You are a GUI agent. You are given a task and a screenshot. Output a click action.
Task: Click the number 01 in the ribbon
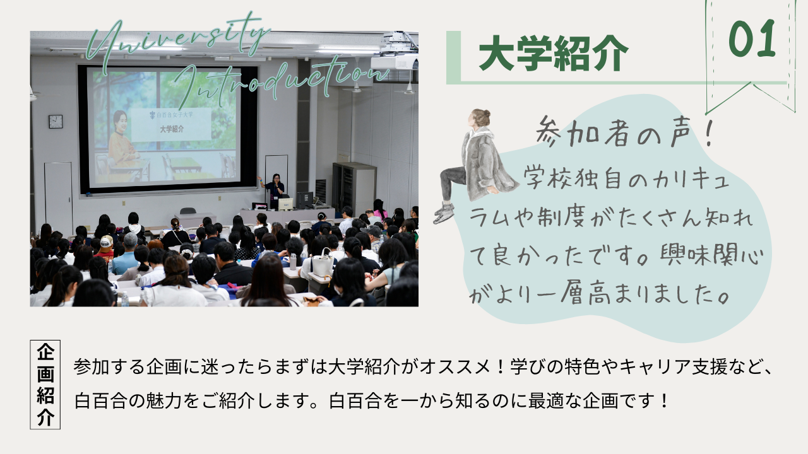pyautogui.click(x=752, y=38)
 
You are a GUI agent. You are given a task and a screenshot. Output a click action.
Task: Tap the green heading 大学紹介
pyautogui.click(x=554, y=54)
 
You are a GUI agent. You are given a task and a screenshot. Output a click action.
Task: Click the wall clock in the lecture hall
pyautogui.click(x=56, y=122)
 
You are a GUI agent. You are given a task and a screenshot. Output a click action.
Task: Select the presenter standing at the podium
pyautogui.click(x=274, y=189)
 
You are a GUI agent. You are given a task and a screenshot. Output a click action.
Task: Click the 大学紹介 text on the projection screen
pyautogui.click(x=172, y=129)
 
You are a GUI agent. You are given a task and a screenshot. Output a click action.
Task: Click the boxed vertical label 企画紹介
pyautogui.click(x=45, y=385)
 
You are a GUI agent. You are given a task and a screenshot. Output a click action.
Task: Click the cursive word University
pyautogui.click(x=177, y=38)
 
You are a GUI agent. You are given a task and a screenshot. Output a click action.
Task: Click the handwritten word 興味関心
pyautogui.click(x=712, y=255)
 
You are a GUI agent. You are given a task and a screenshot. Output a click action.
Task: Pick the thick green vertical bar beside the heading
pyautogui.click(x=453, y=57)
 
